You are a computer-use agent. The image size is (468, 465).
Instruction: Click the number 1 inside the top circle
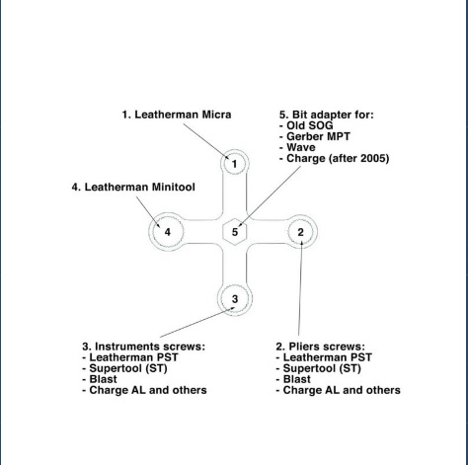234,164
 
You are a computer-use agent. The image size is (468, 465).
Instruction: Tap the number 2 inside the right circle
300,232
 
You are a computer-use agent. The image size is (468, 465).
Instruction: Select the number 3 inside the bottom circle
235,299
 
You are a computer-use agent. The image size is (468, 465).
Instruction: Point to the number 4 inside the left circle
168,232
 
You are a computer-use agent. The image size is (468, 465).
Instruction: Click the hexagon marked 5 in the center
235,232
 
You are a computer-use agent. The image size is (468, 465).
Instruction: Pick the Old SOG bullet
306,125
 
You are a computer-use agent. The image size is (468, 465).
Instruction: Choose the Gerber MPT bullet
315,136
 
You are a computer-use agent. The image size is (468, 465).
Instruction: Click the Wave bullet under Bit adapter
297,147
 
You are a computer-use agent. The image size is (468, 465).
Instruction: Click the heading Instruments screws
143,347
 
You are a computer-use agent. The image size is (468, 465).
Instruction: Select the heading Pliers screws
321,347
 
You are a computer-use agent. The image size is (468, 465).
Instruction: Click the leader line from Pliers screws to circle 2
300,288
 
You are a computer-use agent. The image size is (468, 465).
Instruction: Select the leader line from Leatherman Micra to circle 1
206,141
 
